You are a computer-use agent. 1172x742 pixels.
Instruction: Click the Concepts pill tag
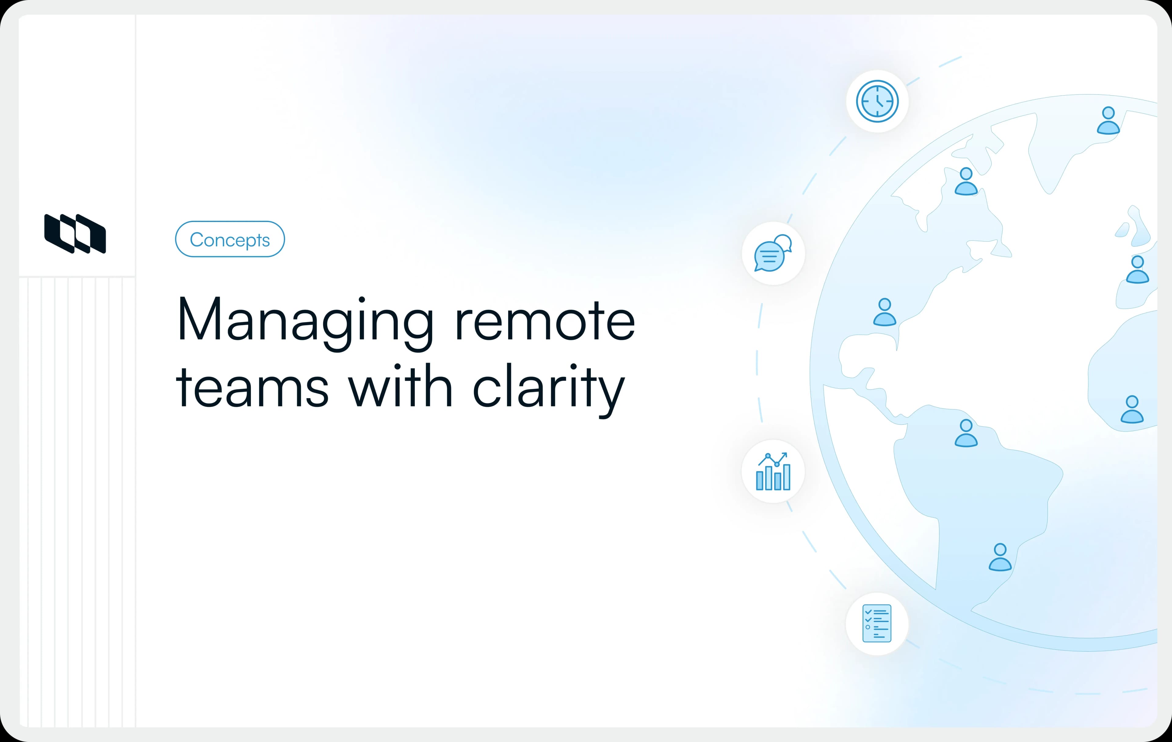point(230,239)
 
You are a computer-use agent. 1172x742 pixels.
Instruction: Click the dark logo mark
point(75,234)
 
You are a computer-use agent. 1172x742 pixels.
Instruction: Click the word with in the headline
point(400,387)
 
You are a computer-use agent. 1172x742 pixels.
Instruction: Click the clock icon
point(877,101)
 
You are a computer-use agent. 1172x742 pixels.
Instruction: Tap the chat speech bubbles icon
point(773,253)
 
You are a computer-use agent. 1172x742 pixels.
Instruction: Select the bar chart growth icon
point(773,471)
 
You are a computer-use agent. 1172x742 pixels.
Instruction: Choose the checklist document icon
point(877,624)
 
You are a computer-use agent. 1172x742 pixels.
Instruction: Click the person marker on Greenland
point(1108,121)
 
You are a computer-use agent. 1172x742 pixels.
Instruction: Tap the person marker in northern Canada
point(966,182)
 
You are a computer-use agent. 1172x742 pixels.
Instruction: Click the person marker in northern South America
point(966,433)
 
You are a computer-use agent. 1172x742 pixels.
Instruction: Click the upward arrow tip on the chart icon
point(785,455)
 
